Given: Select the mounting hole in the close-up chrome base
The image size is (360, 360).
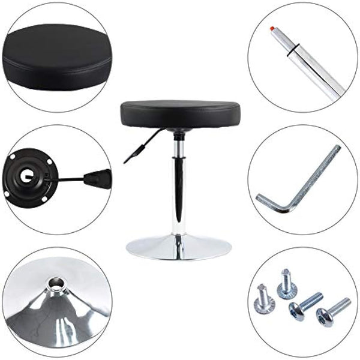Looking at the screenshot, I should click(57, 281).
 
